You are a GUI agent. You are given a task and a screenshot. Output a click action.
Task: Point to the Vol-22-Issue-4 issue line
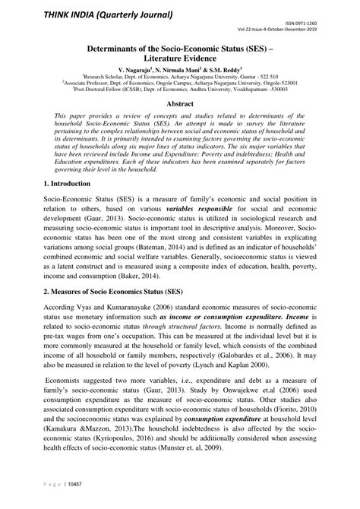(300, 31)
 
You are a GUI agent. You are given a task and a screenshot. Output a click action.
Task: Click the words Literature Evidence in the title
(179, 56)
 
